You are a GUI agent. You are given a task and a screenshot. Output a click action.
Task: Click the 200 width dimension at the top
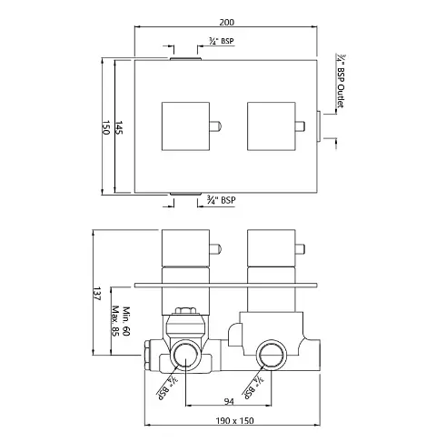[226, 22]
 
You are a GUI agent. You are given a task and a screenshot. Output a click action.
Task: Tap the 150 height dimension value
[105, 127]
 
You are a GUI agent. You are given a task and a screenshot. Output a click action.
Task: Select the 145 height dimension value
[119, 127]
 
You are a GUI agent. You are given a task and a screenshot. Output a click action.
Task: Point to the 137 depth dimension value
[96, 294]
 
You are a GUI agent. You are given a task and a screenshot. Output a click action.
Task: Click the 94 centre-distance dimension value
[229, 402]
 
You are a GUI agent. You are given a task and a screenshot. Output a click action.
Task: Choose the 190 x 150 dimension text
[234, 421]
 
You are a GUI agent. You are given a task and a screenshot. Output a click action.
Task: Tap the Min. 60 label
[126, 321]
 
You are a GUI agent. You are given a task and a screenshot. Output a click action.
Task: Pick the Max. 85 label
[115, 321]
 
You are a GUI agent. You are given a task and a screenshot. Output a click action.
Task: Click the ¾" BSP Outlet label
[341, 81]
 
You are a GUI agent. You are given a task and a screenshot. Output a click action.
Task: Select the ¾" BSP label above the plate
[222, 41]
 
